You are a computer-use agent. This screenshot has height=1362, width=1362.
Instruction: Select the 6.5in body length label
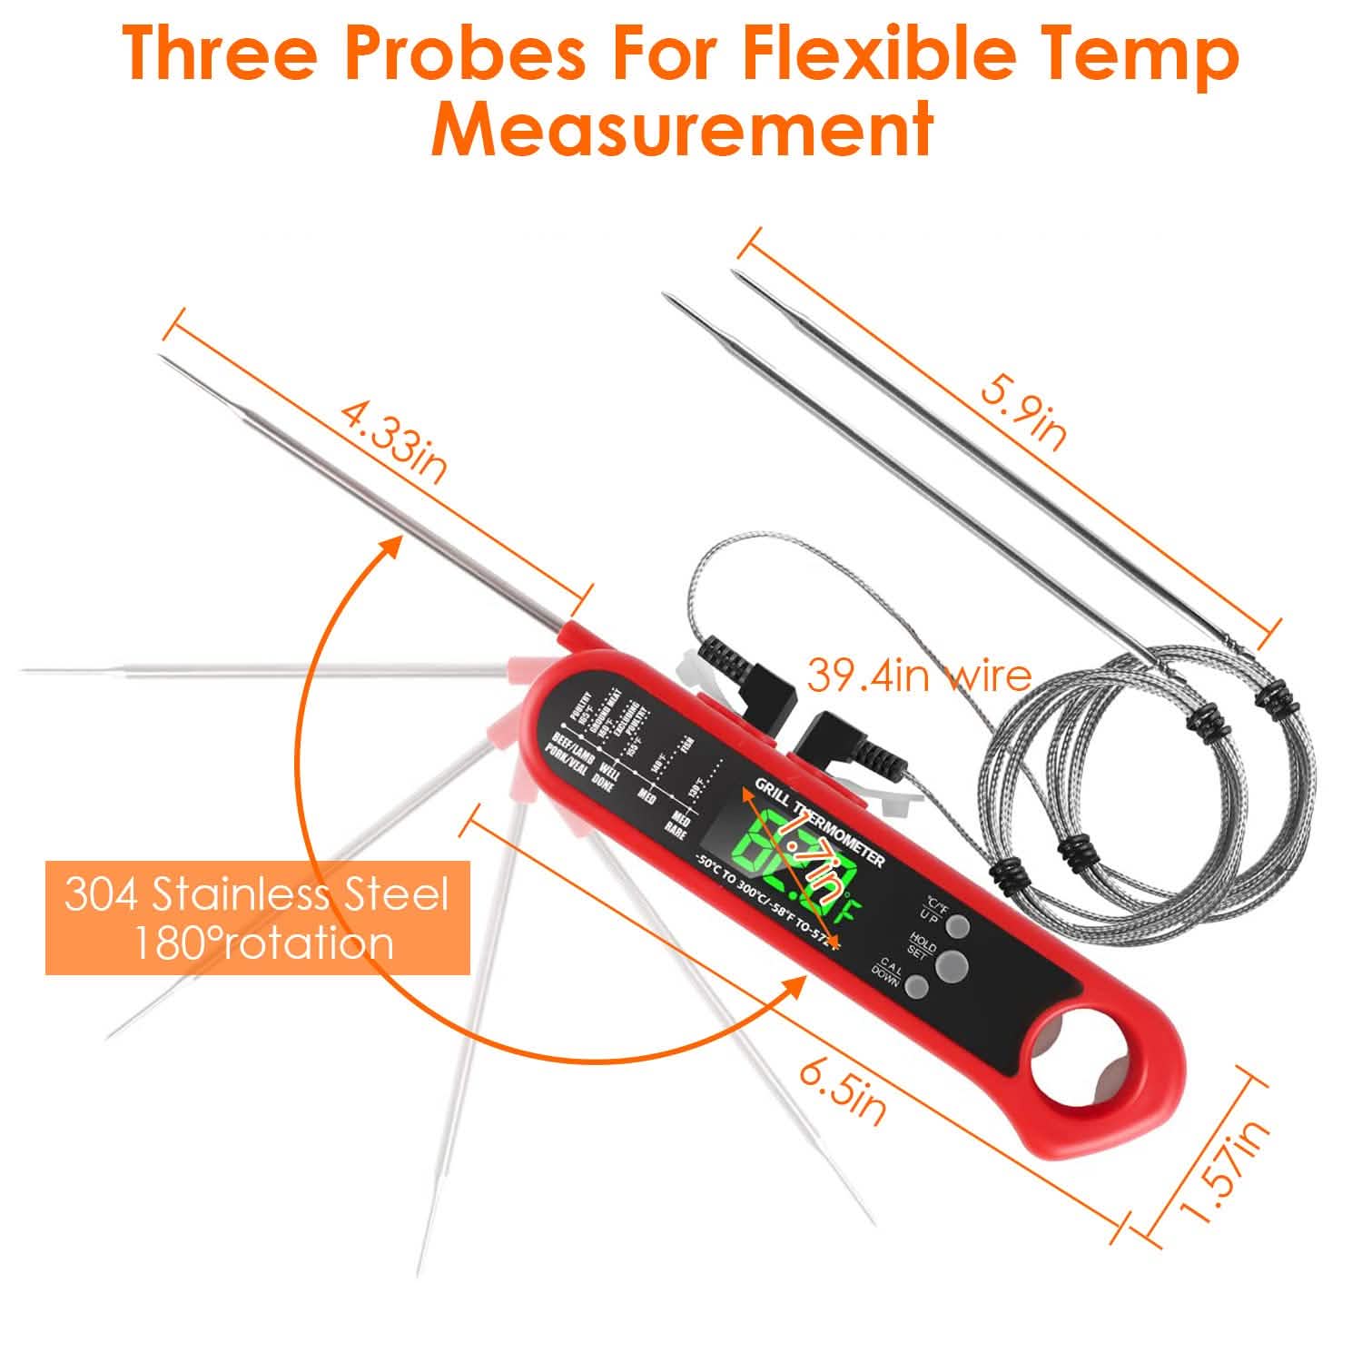coord(842,1093)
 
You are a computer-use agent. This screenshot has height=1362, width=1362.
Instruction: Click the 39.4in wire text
coord(919,676)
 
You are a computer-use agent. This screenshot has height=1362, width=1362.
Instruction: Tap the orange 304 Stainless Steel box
coord(257,917)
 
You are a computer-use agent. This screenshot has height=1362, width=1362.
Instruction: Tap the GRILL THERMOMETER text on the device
coord(822,820)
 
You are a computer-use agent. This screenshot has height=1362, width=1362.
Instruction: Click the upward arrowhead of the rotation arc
coord(390,545)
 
